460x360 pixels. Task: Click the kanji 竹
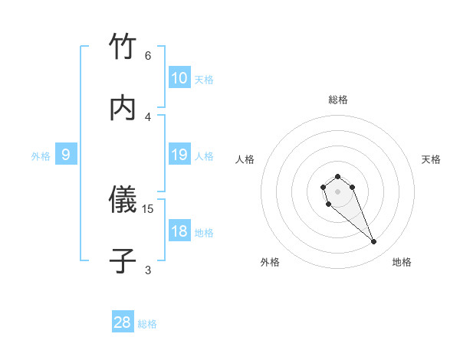click(x=123, y=47)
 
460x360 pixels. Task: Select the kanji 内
click(x=123, y=108)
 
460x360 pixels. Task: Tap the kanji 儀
click(x=123, y=200)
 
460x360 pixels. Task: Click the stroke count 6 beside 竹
click(x=148, y=56)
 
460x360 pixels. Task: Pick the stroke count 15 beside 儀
click(x=149, y=208)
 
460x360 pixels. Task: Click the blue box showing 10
click(x=179, y=78)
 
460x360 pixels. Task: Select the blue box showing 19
click(x=179, y=155)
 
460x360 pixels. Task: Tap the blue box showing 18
click(x=179, y=231)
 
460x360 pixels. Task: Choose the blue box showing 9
click(x=66, y=155)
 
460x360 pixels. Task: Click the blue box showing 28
click(x=123, y=322)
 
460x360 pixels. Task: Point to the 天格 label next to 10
click(x=204, y=80)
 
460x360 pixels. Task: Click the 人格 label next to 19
click(x=204, y=156)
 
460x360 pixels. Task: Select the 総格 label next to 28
click(x=147, y=324)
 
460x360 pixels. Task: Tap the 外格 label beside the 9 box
click(x=41, y=156)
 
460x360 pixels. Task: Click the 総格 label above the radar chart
click(x=337, y=100)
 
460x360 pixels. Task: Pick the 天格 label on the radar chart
click(x=431, y=159)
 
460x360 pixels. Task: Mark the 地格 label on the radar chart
click(x=402, y=262)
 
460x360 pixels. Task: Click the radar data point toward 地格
click(x=374, y=242)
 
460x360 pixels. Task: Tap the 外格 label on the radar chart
click(x=270, y=262)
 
